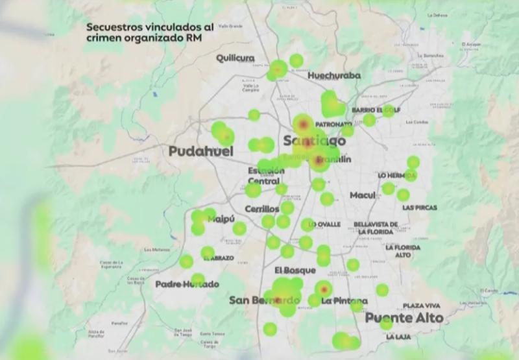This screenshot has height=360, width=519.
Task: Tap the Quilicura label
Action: pos(235,58)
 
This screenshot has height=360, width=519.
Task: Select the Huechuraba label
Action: pos(333,75)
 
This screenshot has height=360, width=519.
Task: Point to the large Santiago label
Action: pos(314,141)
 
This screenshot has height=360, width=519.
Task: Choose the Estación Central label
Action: pos(263,176)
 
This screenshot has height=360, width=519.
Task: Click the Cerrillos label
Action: pos(261,209)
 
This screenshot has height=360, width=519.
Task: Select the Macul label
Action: pos(362,195)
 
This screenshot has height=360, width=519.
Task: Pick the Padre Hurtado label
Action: pos(187,284)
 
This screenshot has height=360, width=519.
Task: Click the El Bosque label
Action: pos(295,270)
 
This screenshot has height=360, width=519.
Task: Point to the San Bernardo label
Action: pos(264,300)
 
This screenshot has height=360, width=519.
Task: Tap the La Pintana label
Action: pos(344,301)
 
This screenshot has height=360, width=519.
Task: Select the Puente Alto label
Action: pos(404,318)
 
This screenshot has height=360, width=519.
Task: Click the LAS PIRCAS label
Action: pos(419,208)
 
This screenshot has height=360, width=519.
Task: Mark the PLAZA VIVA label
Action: pos(421,305)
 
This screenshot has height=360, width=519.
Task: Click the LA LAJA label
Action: pos(398,337)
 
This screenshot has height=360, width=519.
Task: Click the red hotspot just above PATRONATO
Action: pos(302,122)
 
